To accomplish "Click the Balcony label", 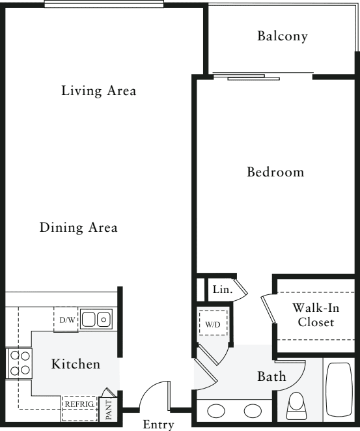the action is tap(283, 36).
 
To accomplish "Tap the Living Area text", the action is tap(98, 90).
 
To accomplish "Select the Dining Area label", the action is tap(79, 227).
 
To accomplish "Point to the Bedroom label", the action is tap(275, 172).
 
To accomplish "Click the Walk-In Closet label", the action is tap(316, 315).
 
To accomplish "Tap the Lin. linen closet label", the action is tap(223, 290).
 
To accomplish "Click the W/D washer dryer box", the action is tap(213, 323).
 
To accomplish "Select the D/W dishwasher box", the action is tap(66, 320).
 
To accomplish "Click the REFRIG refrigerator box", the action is tap(79, 408).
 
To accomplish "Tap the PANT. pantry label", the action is tap(109, 410).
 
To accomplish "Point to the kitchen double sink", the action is tap(96, 319).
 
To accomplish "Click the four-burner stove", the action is tap(20, 363).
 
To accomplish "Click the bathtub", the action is tap(339, 389).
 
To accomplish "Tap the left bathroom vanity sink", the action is tap(216, 411).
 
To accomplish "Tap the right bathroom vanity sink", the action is tap(253, 411).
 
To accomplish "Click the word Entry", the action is tap(158, 424).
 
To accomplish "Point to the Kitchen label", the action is tap(76, 364).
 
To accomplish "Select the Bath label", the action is tap(271, 376).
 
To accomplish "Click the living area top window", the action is tap(104, 4).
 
